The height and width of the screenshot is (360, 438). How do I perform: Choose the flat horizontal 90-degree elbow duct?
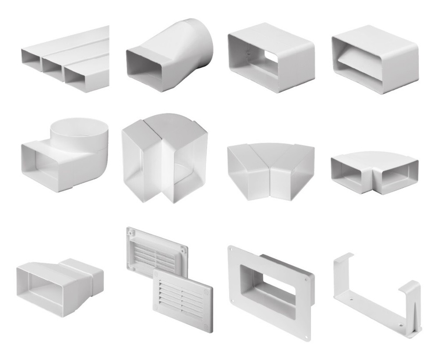374,169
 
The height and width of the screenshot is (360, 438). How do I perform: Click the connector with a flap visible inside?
374,59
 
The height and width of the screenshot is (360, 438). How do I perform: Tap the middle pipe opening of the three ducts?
52,66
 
